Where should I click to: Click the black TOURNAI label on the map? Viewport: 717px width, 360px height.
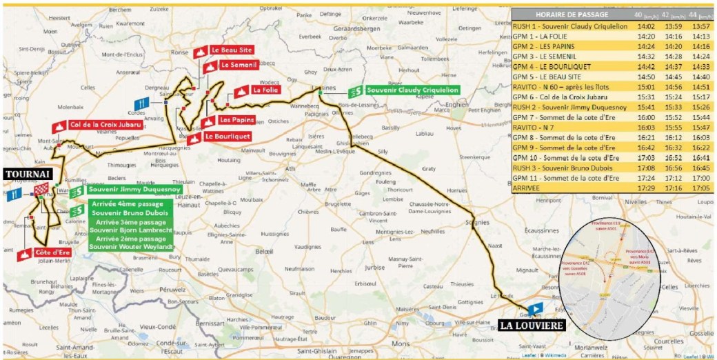click(x=25, y=175)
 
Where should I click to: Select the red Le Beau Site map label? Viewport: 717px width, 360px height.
click(x=230, y=50)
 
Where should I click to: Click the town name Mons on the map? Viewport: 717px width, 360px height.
click(x=399, y=341)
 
